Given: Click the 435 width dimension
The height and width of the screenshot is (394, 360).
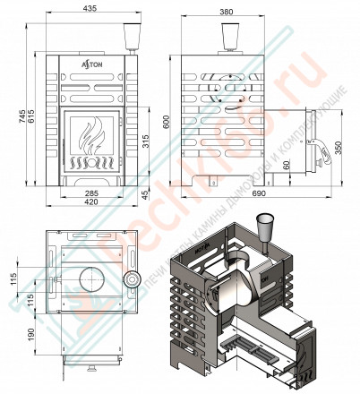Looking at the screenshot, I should [x=87, y=8].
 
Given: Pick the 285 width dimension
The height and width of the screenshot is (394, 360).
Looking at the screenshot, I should [x=87, y=193].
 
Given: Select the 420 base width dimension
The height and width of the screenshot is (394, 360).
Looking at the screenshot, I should [x=87, y=202].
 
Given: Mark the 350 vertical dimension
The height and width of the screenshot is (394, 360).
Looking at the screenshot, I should [x=338, y=149].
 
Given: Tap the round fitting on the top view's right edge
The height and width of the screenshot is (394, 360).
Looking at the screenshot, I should [x=132, y=280].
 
